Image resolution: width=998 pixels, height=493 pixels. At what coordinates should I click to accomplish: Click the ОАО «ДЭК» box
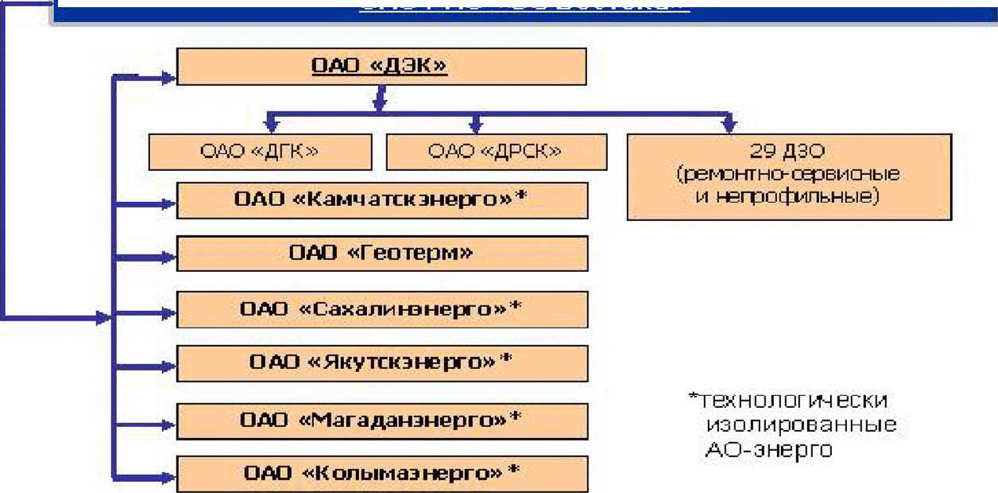[x=381, y=66]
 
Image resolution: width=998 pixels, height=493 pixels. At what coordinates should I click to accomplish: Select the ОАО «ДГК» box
[x=260, y=151]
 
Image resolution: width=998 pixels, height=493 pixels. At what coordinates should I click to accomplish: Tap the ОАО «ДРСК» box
[x=496, y=151]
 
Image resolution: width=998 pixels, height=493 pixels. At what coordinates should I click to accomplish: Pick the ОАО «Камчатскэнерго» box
[x=381, y=200]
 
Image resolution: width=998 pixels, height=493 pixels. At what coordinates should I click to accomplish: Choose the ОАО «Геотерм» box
[x=381, y=254]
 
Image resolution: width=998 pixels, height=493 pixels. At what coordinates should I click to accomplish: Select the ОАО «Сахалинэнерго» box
[x=381, y=309]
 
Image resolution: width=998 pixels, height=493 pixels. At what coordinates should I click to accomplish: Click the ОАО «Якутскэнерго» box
[x=381, y=363]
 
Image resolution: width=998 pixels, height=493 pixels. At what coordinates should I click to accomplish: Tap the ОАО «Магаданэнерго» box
[x=381, y=418]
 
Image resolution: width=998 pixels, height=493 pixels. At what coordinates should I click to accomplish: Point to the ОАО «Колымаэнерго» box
[x=381, y=473]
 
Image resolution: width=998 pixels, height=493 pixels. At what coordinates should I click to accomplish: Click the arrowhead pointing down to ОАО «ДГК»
[x=271, y=125]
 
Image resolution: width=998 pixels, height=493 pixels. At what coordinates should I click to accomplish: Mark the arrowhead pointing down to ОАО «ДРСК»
[x=476, y=125]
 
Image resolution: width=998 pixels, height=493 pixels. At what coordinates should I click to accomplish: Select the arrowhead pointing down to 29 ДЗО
[x=729, y=125]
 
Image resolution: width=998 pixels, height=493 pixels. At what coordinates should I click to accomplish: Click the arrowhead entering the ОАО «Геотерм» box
[x=166, y=258]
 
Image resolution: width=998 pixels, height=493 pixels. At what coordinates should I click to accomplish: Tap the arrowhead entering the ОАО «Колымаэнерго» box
[x=166, y=478]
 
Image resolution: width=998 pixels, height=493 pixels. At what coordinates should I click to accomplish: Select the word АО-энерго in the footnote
[x=768, y=450]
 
